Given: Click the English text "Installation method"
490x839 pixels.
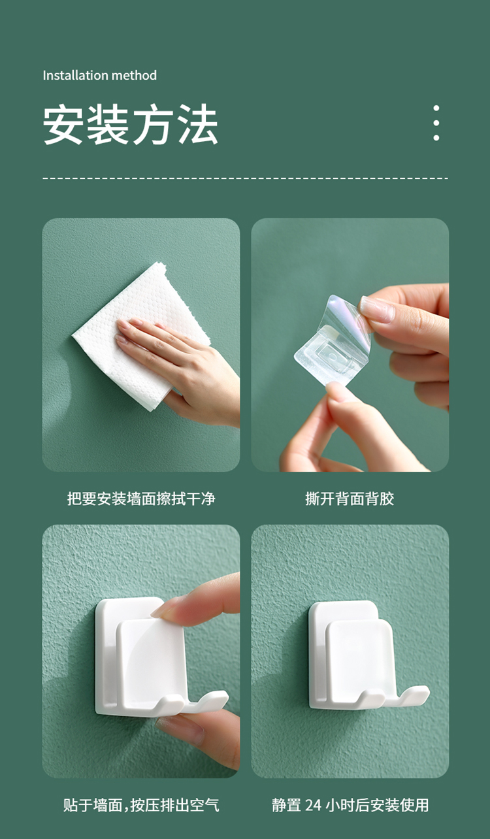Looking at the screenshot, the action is point(100,75).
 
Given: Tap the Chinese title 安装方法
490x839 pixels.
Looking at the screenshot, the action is point(131,124).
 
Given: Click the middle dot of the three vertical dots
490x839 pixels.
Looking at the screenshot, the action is point(436,123).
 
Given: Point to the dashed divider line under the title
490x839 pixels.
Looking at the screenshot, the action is point(246,178).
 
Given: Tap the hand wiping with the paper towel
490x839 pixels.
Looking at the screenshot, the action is point(180,367).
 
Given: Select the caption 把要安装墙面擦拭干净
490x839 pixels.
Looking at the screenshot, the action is point(141,499).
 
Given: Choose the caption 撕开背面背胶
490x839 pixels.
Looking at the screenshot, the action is point(350,499).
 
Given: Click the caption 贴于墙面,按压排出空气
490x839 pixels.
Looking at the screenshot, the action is point(141,805).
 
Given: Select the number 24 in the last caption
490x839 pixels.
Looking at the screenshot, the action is point(313,805).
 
